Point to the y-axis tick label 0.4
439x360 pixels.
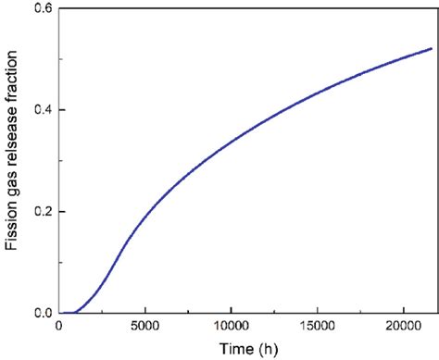(41, 111)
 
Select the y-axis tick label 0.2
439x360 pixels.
(41, 212)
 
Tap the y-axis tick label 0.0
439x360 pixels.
(41, 314)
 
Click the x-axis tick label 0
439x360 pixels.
(60, 327)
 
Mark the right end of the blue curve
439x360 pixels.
(431, 48)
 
